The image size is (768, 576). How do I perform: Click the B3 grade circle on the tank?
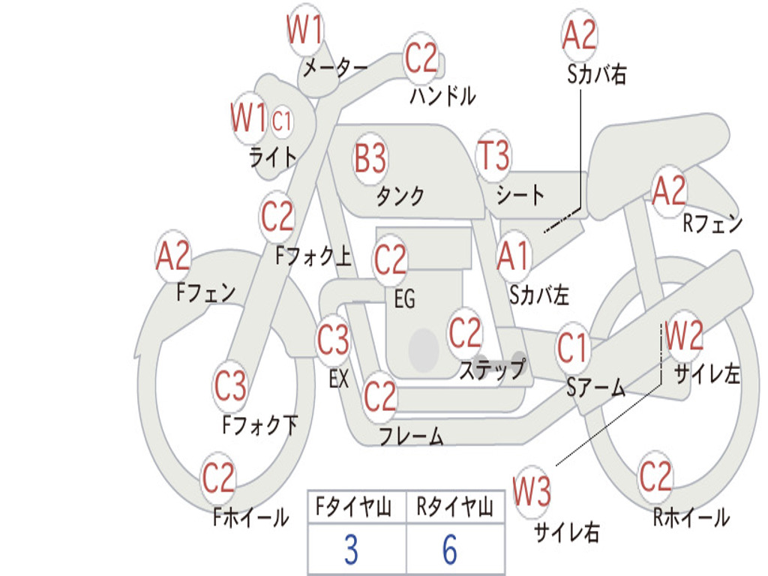tap(370, 158)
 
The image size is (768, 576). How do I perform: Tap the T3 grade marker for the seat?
tap(493, 157)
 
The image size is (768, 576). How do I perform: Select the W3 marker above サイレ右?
tap(532, 492)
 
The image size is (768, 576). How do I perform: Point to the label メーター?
tap(334, 68)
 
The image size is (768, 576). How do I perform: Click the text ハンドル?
tap(442, 96)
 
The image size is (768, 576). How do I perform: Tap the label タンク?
tap(400, 196)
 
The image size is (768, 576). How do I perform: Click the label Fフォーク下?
tap(259, 426)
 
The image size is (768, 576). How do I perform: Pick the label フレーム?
tap(411, 436)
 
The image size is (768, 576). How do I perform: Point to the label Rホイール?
tap(691, 517)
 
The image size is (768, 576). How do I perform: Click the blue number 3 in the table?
tap(350, 550)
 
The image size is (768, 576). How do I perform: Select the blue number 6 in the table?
tap(449, 550)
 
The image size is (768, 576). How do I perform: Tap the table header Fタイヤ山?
tap(353, 508)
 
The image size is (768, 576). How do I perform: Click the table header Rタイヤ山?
tap(454, 508)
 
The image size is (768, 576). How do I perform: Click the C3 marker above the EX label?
tap(333, 341)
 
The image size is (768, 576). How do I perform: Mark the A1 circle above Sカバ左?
tap(514, 256)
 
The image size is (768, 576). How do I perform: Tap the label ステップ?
tap(492, 370)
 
